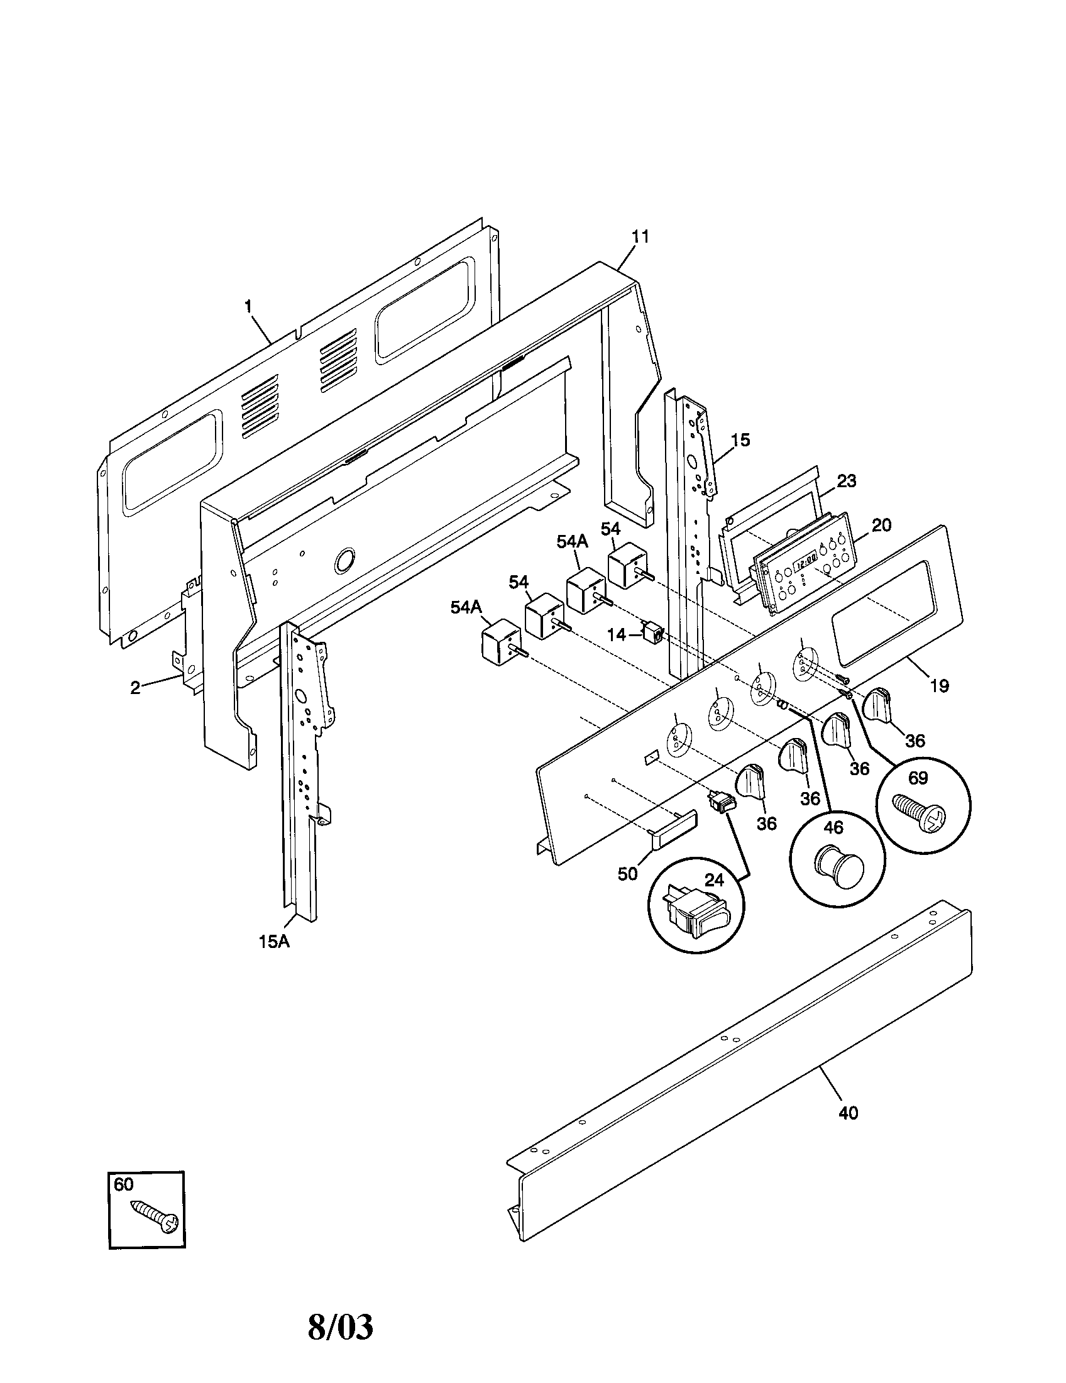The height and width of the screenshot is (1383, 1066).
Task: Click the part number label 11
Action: coord(640,237)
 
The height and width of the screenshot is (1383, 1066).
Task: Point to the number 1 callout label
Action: coord(248,307)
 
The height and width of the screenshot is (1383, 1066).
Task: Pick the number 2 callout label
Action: coord(136,688)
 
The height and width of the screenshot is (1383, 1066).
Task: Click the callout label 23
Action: coord(847,482)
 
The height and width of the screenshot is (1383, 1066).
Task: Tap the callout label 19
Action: coord(940,685)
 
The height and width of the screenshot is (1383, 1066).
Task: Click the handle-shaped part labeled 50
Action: coord(673,829)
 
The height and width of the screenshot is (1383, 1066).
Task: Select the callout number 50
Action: coord(627,874)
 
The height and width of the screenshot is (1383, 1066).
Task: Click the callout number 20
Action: coord(881,525)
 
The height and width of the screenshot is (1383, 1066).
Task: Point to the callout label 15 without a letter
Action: coord(740,439)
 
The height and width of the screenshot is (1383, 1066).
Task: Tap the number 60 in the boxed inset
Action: coord(124,1184)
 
